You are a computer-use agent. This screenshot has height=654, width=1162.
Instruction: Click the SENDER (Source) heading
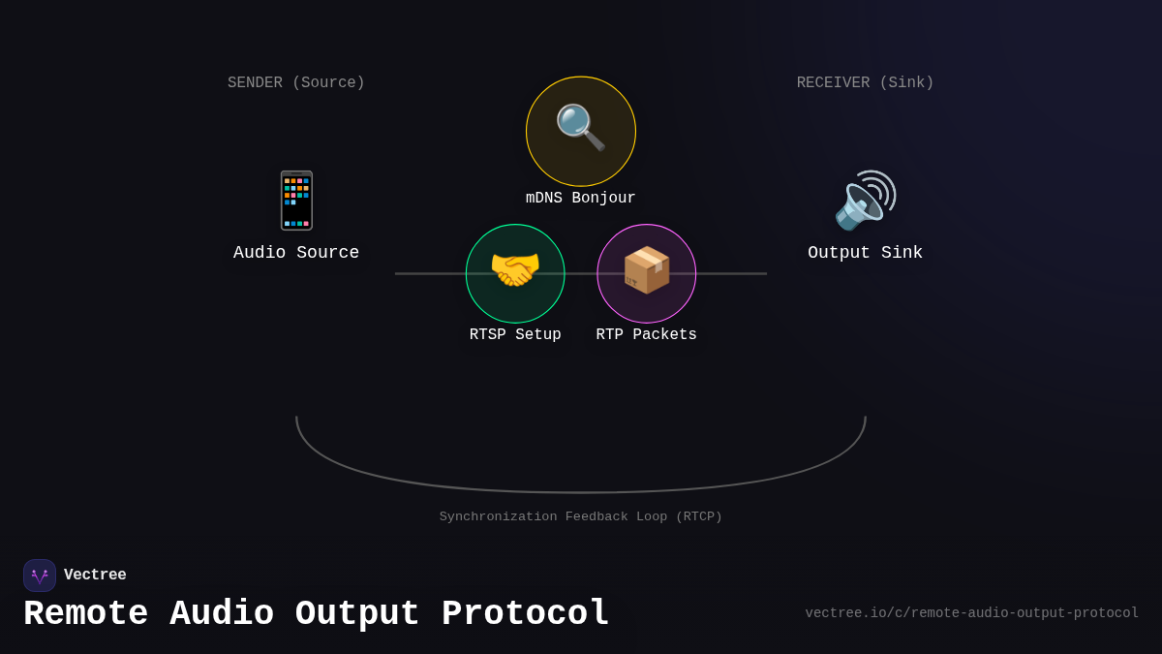coord(296,83)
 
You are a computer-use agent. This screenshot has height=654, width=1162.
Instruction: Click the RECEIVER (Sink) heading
coord(865,83)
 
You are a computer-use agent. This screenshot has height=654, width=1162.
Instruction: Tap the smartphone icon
coord(296,201)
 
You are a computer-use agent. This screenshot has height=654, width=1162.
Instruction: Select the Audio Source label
coord(296,253)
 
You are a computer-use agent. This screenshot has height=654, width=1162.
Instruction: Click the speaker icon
coord(865,201)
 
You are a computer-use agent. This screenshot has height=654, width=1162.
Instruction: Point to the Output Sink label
coord(865,253)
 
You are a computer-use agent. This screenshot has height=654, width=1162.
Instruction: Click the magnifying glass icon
coord(580,128)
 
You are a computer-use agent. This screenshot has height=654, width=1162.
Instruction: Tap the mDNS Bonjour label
coord(580,199)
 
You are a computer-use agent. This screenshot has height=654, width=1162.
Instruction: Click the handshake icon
coord(515,270)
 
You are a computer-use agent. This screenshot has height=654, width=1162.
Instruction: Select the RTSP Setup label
coord(515,335)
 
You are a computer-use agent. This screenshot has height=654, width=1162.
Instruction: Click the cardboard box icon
coord(646,270)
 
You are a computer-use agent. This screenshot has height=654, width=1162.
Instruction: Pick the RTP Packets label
coord(646,335)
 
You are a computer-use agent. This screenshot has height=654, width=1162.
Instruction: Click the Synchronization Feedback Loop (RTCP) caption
coord(580,517)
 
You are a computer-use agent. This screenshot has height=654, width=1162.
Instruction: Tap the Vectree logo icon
coord(40,576)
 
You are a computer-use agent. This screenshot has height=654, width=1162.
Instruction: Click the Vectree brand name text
coord(95,576)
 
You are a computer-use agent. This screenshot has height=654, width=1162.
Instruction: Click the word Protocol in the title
coord(525,614)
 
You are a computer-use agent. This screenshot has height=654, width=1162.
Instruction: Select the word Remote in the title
coord(86,614)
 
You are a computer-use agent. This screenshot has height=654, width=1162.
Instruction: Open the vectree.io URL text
coord(971,613)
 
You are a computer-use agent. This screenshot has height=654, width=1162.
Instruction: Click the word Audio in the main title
coord(222,614)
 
